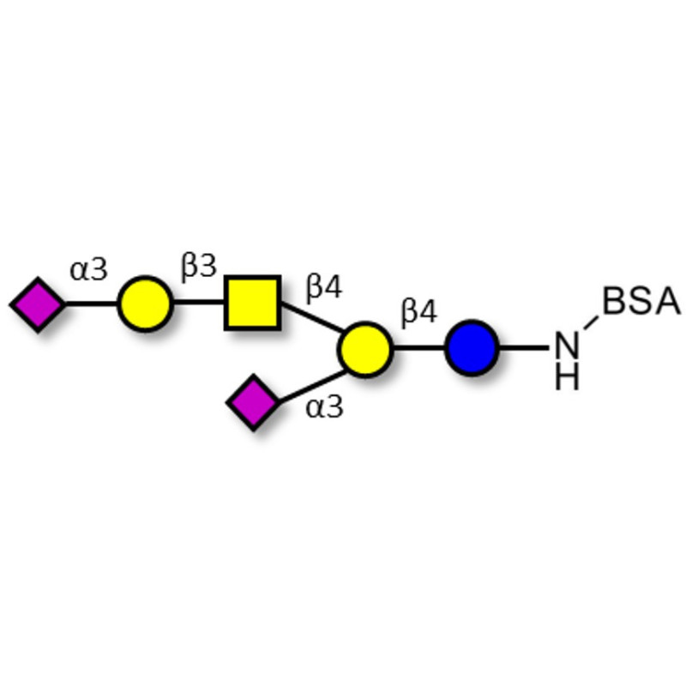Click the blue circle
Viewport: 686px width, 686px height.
tap(471, 348)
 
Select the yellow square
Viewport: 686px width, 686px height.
tap(252, 303)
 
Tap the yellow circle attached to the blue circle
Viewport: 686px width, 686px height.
tap(364, 348)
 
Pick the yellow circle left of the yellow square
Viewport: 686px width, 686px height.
tap(145, 303)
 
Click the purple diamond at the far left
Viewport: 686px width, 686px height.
tap(38, 304)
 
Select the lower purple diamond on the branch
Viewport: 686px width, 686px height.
tap(254, 401)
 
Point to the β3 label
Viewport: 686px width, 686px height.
tap(198, 267)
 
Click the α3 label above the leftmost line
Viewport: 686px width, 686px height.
tap(89, 270)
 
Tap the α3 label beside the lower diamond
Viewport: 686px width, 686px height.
tap(324, 407)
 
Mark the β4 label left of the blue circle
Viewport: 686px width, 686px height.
tap(419, 313)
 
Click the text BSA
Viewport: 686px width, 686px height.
tap(641, 302)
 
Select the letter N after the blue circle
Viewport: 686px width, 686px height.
tap(567, 347)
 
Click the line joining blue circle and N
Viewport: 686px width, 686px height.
tap(523, 348)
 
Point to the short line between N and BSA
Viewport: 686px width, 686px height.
tap(589, 323)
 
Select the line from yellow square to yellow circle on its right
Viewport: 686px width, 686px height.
tap(311, 327)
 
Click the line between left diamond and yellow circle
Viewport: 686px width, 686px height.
tap(91, 304)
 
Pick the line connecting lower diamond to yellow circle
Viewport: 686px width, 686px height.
tap(311, 382)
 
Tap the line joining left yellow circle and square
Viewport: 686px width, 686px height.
tap(198, 303)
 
